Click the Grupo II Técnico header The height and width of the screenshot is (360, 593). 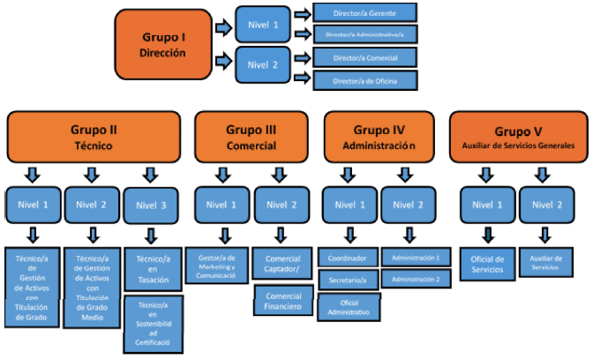click(x=94, y=134)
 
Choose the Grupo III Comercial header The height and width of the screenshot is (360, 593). click(x=251, y=134)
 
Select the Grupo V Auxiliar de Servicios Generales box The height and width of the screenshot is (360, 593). click(x=516, y=134)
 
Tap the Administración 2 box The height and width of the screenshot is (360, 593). click(x=416, y=279)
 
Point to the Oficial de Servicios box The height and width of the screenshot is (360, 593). click(x=487, y=263)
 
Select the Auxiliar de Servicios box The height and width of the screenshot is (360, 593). click(x=547, y=262)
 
